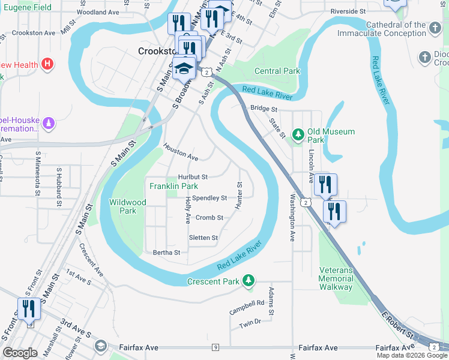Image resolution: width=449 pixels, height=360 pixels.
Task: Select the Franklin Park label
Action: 173,187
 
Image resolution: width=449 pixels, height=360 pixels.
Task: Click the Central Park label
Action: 277,71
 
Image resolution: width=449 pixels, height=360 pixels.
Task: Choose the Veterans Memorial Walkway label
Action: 336,279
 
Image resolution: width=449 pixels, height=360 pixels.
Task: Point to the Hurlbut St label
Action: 193,177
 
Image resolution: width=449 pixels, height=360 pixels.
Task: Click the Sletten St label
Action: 203,238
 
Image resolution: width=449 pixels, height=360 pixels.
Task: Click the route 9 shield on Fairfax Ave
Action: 215,347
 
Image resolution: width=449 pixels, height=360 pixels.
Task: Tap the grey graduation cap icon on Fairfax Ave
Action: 100,346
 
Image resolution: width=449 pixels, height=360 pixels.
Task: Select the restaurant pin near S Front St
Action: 29,310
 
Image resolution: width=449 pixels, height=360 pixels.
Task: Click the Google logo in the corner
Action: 20,353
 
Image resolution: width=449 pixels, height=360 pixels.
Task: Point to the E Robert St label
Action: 399,324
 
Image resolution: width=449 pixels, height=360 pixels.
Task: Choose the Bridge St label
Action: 264,109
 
